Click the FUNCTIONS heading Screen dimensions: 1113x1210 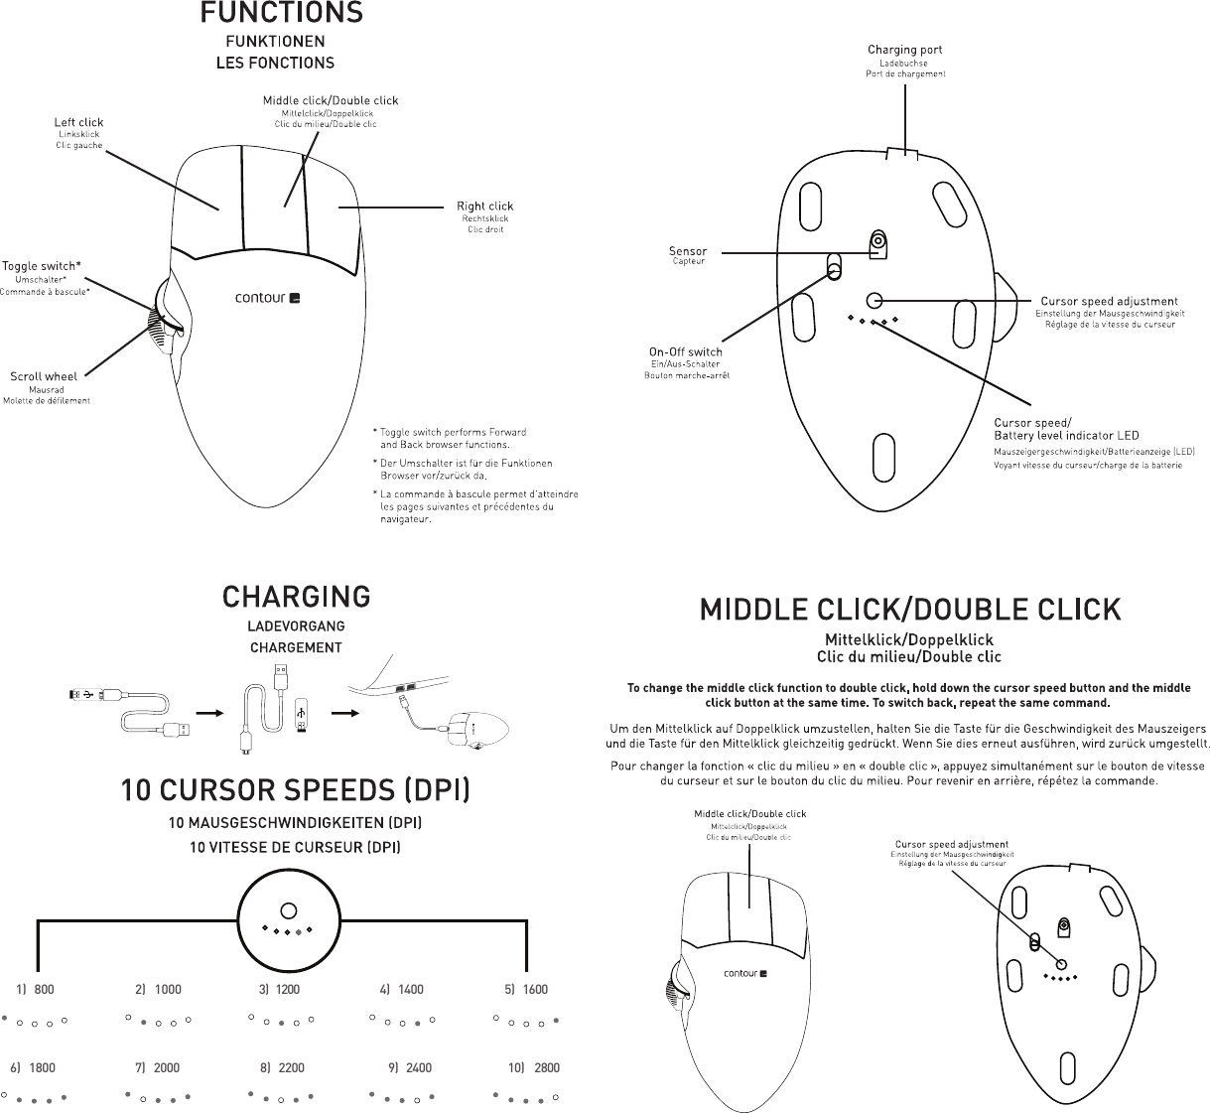coord(281,14)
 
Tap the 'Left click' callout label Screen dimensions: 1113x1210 coord(78,123)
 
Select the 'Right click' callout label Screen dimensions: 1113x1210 coord(484,207)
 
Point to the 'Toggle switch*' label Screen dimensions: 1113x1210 coord(42,266)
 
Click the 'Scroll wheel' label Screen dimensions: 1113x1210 coord(44,376)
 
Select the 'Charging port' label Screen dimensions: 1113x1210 coord(904,50)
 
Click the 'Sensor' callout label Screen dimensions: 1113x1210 coord(688,251)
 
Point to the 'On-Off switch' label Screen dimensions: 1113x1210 coord(685,351)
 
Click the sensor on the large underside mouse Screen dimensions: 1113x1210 coord(877,241)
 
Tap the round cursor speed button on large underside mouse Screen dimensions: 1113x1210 coord(874,300)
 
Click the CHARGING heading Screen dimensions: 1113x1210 coord(296,597)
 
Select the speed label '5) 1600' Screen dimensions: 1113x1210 coord(526,990)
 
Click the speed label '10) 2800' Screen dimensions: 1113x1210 coord(534,1068)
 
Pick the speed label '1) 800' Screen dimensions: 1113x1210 coord(36,990)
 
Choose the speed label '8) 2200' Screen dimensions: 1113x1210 coord(282,1068)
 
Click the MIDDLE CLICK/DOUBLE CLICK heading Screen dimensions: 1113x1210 coord(910,609)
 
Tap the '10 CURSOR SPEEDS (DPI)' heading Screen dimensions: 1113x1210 coord(296,791)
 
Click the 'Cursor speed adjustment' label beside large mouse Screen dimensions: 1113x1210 coord(1108,301)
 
